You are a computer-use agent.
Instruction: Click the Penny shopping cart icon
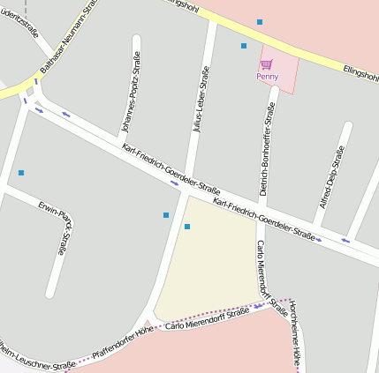[266, 63]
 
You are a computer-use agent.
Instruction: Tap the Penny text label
[267, 76]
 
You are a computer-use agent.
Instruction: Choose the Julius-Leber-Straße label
[201, 104]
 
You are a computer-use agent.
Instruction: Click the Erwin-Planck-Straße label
[54, 228]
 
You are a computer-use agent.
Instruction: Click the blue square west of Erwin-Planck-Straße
[21, 172]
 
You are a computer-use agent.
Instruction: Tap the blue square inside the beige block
[187, 227]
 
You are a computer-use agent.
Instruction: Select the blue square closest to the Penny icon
[244, 46]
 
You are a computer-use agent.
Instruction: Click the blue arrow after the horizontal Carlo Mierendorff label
[258, 307]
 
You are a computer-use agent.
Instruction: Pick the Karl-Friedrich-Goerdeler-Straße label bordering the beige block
[264, 219]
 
